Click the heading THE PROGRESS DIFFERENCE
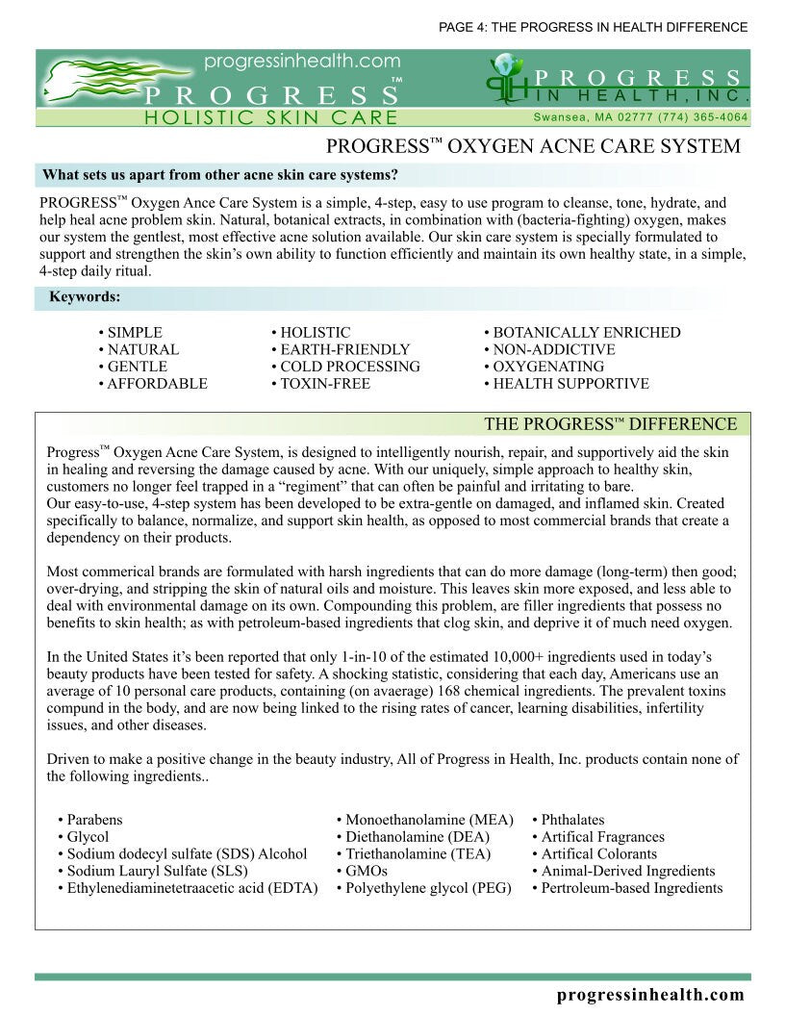click(x=610, y=424)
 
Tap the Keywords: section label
click(x=85, y=297)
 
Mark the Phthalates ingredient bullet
click(x=572, y=821)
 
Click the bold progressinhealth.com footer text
click(x=650, y=995)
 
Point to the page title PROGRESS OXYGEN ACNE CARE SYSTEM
click(x=533, y=147)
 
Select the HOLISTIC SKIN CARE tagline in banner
click(x=270, y=117)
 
